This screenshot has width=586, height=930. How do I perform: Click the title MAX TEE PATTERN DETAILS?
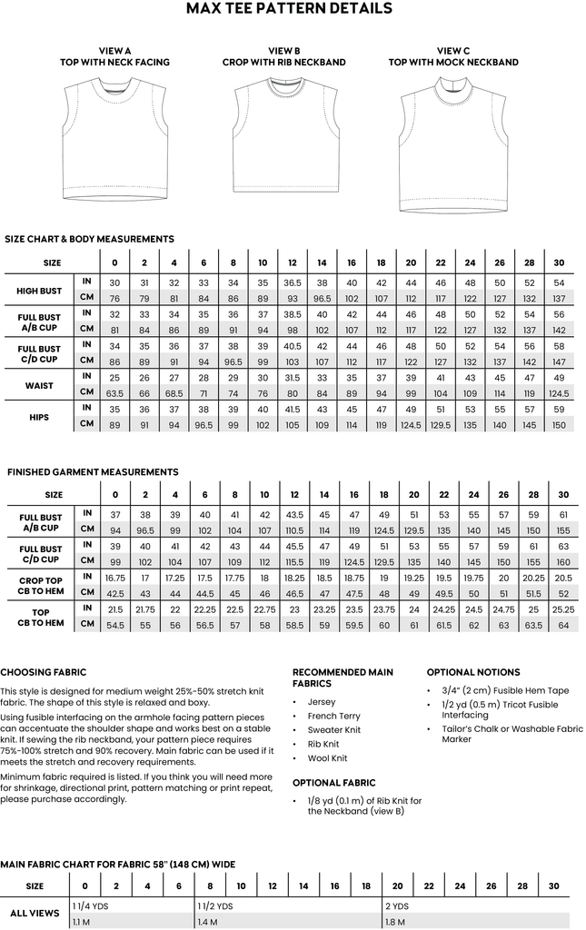289,9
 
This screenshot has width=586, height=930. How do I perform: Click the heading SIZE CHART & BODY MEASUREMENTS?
89,239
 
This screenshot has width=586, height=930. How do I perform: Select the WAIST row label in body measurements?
39,384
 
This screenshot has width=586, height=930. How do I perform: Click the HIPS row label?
39,417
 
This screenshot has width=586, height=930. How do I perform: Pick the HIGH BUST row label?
39,291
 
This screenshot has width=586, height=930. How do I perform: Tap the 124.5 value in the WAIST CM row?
559,392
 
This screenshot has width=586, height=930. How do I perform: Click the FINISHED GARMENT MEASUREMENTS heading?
93,472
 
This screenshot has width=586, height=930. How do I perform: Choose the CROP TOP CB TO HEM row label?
40,585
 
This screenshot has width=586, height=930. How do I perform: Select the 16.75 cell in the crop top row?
115,578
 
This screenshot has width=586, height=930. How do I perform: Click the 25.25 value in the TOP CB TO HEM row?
563,608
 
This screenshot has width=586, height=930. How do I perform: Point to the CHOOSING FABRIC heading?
44,673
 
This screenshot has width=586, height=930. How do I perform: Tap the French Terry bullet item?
334,716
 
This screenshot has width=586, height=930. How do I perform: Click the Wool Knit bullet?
328,757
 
